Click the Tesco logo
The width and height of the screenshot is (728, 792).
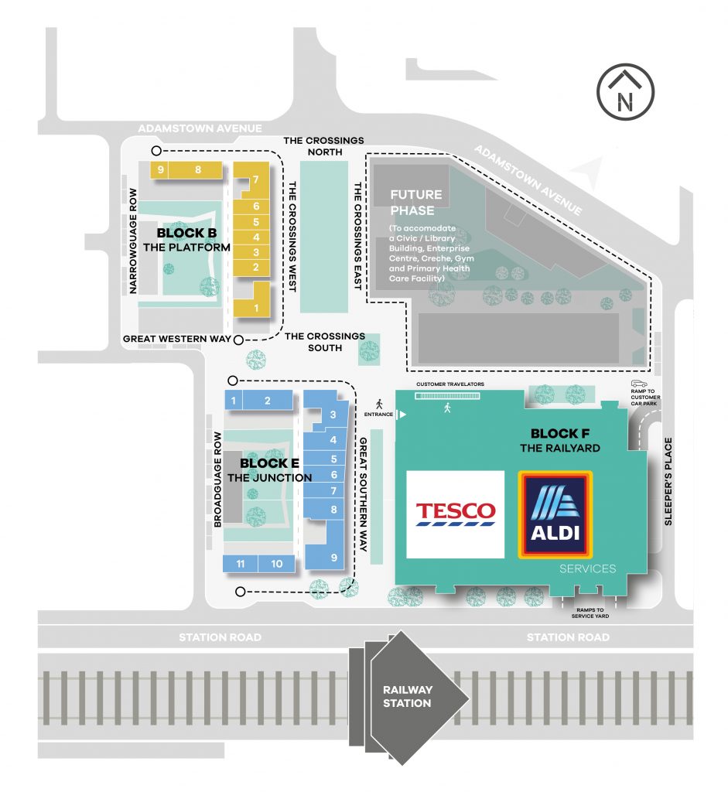pos(455,514)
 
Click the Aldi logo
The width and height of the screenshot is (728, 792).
pos(555,514)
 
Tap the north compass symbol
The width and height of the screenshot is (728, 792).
pos(625,92)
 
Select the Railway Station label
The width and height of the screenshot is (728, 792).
pos(407,696)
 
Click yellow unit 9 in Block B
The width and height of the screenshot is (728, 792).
pos(159,169)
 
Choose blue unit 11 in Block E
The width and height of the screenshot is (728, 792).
pos(241,564)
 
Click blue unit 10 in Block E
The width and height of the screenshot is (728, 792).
pos(276,564)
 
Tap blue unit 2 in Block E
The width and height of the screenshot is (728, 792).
pos(267,401)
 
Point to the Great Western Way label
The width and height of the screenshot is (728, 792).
pos(177,339)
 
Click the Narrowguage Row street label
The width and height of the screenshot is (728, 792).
pos(133,241)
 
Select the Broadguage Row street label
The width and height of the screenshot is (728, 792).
pos(217,480)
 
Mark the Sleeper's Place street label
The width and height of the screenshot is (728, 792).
pos(668,481)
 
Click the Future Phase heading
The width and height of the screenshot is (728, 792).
pos(415,203)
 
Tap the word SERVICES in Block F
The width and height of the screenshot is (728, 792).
pos(587,568)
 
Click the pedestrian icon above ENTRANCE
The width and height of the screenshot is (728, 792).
pos(379,404)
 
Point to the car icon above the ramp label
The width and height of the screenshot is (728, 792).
pos(639,384)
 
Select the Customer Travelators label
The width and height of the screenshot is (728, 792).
pos(450,384)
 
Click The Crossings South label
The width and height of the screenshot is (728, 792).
pos(325,342)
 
